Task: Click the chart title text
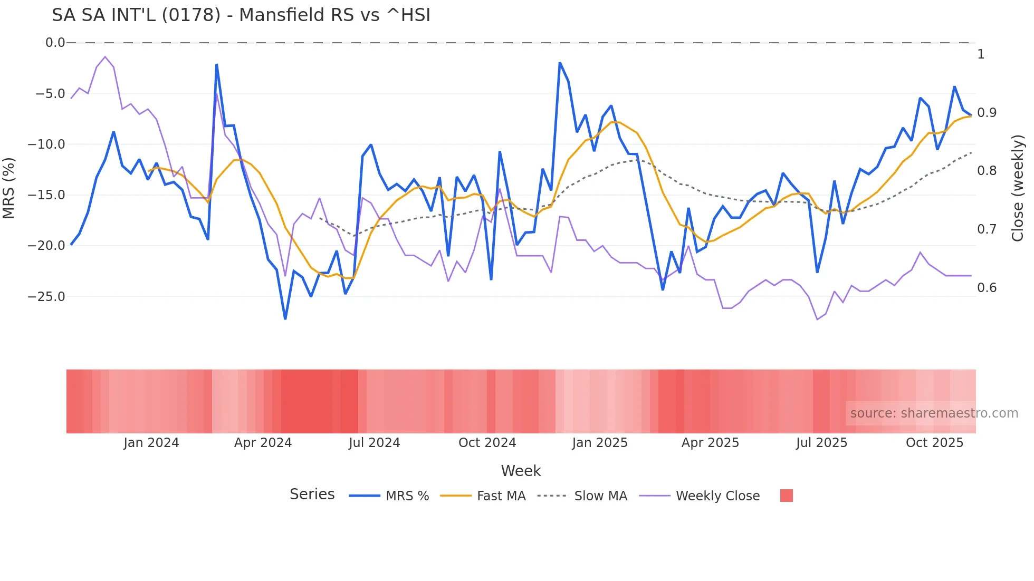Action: (241, 15)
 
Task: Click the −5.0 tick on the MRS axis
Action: (50, 94)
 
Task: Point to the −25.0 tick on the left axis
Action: (46, 297)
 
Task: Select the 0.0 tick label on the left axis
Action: (55, 43)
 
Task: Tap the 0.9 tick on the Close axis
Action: (987, 113)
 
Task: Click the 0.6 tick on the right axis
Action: (987, 288)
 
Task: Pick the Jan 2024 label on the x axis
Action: (151, 443)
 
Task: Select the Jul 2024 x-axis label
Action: (374, 443)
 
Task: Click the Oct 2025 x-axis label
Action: (934, 443)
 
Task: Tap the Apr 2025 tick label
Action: (710, 443)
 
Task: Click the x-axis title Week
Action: (521, 471)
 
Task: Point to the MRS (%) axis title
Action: (9, 188)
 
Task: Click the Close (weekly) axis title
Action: (1018, 188)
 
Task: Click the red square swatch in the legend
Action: (786, 496)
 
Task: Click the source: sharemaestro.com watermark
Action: (934, 413)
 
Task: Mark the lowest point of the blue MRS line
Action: (285, 319)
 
